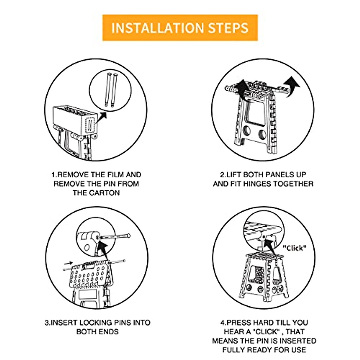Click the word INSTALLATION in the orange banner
157,28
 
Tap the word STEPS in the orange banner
228,28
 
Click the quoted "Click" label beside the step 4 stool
294,248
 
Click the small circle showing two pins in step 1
110,90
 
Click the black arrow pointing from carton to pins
101,118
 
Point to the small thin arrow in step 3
68,263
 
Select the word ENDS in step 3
110,332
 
